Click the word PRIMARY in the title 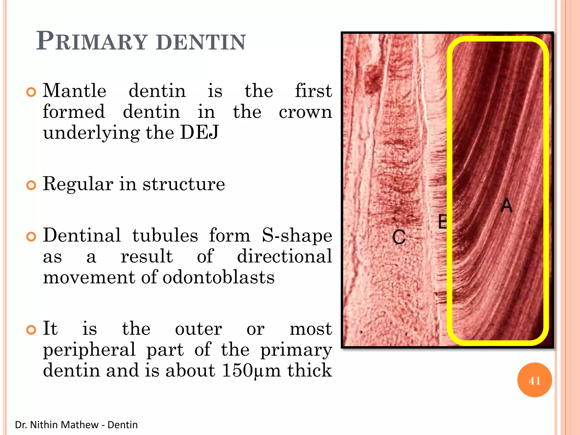point(92,41)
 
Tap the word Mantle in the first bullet point(74,91)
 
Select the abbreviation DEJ point(199,132)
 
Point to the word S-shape point(297,236)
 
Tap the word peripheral point(89,349)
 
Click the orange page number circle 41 point(534,380)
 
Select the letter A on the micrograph point(506,205)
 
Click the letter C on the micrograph point(399,237)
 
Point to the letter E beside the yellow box point(442,222)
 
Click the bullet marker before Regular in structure point(31,185)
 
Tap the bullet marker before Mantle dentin point(31,92)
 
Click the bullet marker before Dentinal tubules point(31,237)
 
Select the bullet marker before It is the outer point(31,330)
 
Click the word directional point(284,256)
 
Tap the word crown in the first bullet point(305,112)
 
